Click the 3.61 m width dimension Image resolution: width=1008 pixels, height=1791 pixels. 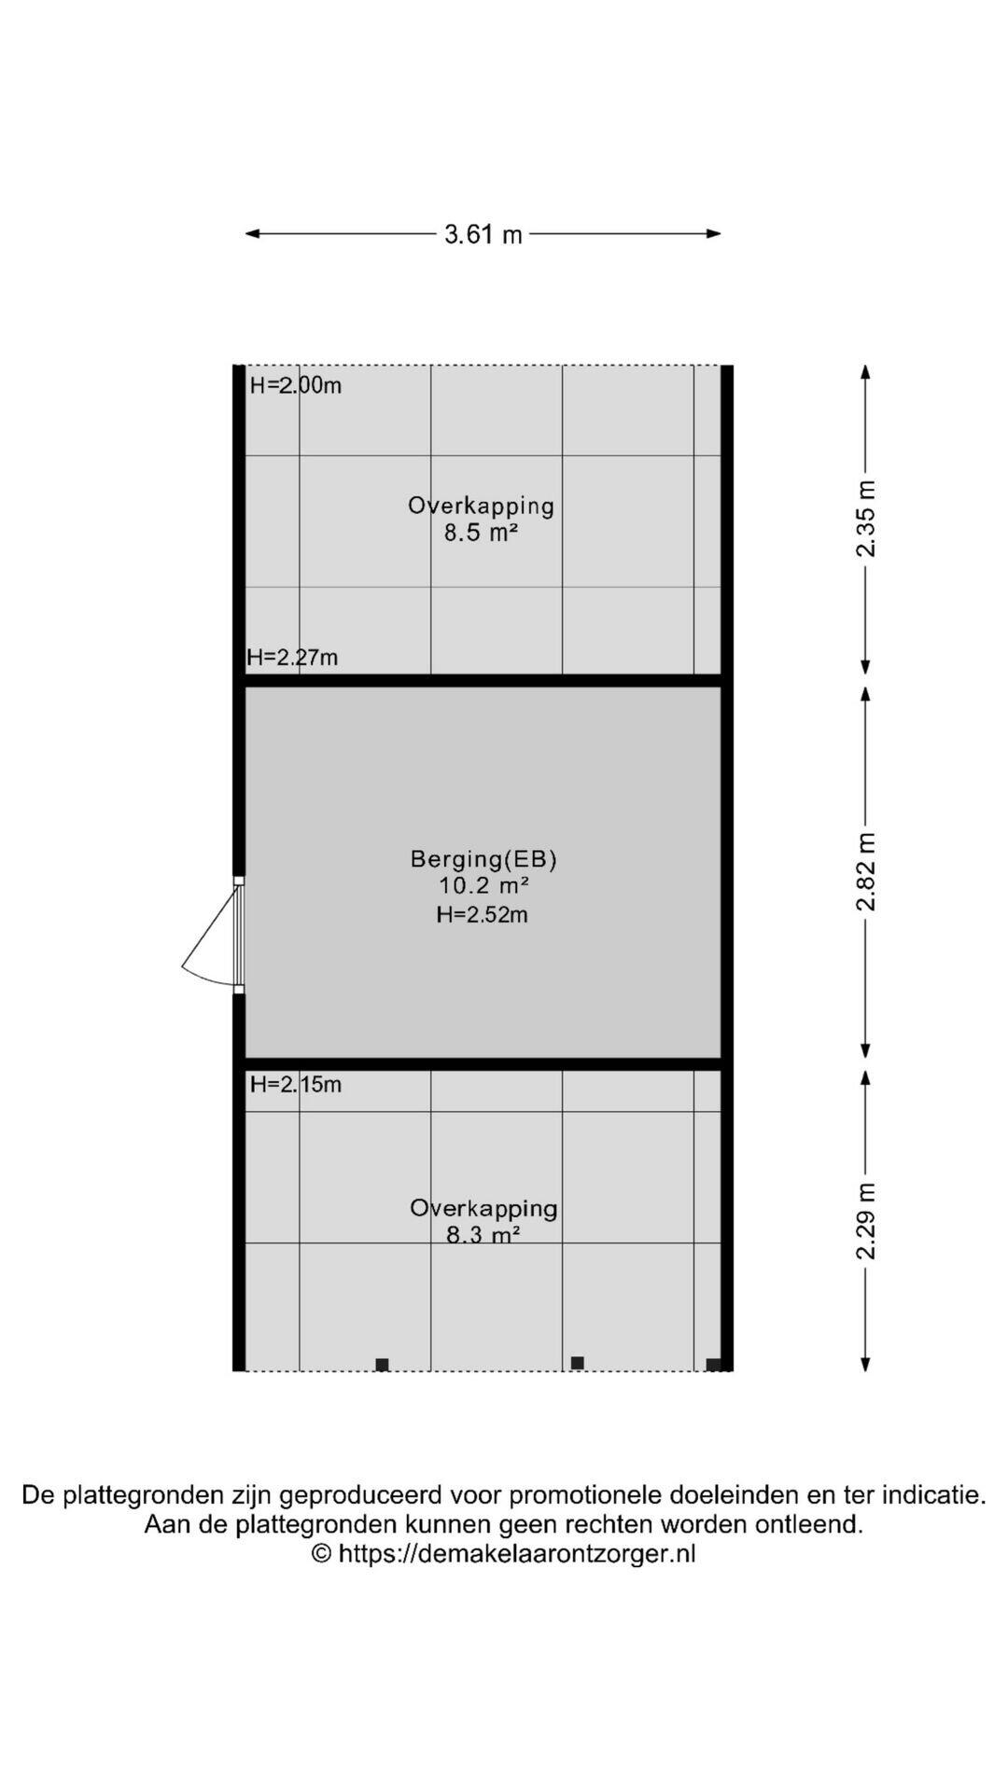point(483,234)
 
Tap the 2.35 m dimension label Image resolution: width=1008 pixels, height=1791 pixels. point(866,519)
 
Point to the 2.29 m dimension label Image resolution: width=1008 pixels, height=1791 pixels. point(866,1220)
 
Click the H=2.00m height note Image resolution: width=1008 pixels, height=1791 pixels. point(296,385)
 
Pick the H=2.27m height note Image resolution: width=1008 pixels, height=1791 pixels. point(292,658)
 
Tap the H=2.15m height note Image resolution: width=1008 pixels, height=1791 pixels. point(296,1084)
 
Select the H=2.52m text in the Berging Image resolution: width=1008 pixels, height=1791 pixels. point(483,915)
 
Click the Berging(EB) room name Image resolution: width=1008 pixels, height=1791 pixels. point(483,859)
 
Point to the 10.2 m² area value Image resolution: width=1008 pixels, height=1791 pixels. point(484,886)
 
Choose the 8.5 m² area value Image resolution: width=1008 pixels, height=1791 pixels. point(481,534)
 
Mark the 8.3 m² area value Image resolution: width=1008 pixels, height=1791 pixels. point(483,1236)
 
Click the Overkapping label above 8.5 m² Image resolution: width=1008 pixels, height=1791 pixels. point(482,507)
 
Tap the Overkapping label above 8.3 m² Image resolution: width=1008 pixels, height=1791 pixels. point(483,1209)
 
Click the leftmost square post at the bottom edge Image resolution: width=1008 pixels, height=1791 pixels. point(382,1365)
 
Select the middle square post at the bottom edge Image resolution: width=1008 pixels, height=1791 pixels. point(578,1363)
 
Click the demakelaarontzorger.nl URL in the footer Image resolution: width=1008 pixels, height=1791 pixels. point(517,1553)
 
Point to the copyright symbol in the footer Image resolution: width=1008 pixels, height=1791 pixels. point(321,1553)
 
